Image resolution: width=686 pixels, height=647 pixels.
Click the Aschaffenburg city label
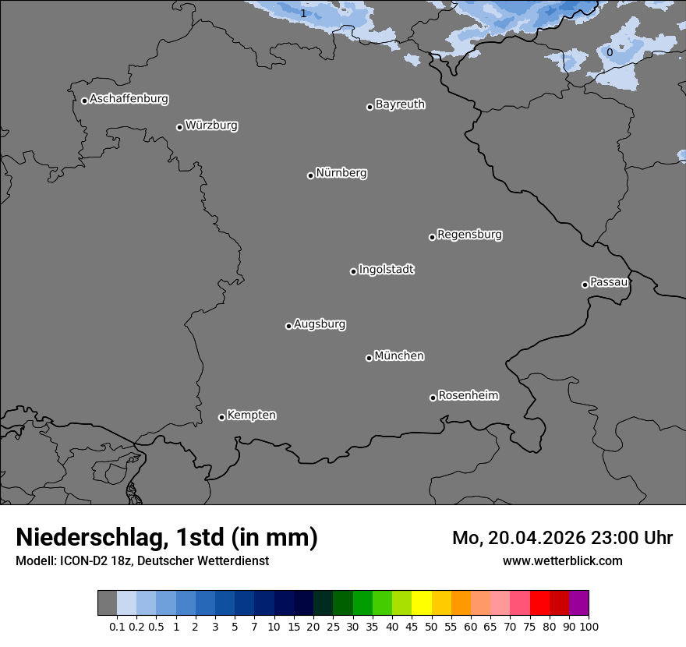pyautogui.click(x=129, y=99)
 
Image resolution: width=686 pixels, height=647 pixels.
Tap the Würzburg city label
pyautogui.click(x=211, y=126)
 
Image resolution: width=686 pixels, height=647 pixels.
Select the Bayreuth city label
pyautogui.click(x=400, y=104)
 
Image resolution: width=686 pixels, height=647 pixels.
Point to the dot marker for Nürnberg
pyautogui.click(x=310, y=175)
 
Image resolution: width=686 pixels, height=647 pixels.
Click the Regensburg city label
pyautogui.click(x=469, y=235)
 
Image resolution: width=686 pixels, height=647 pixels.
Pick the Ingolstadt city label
pyautogui.click(x=387, y=270)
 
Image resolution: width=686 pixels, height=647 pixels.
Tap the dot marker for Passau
pyautogui.click(x=585, y=285)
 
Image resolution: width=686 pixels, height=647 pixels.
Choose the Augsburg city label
pyautogui.click(x=320, y=324)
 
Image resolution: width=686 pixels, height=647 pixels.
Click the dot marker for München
pyautogui.click(x=369, y=358)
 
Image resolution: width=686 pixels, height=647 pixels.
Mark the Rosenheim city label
pyautogui.click(x=469, y=396)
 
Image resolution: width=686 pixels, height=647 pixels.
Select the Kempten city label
pyautogui.click(x=251, y=415)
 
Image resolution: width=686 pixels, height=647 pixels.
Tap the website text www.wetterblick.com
pyautogui.click(x=562, y=560)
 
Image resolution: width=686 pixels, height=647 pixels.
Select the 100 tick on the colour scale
pyautogui.click(x=589, y=626)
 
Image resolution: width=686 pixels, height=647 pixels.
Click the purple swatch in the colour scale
pyautogui.click(x=579, y=603)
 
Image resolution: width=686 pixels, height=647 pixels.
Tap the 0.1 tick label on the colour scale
pyautogui.click(x=117, y=626)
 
